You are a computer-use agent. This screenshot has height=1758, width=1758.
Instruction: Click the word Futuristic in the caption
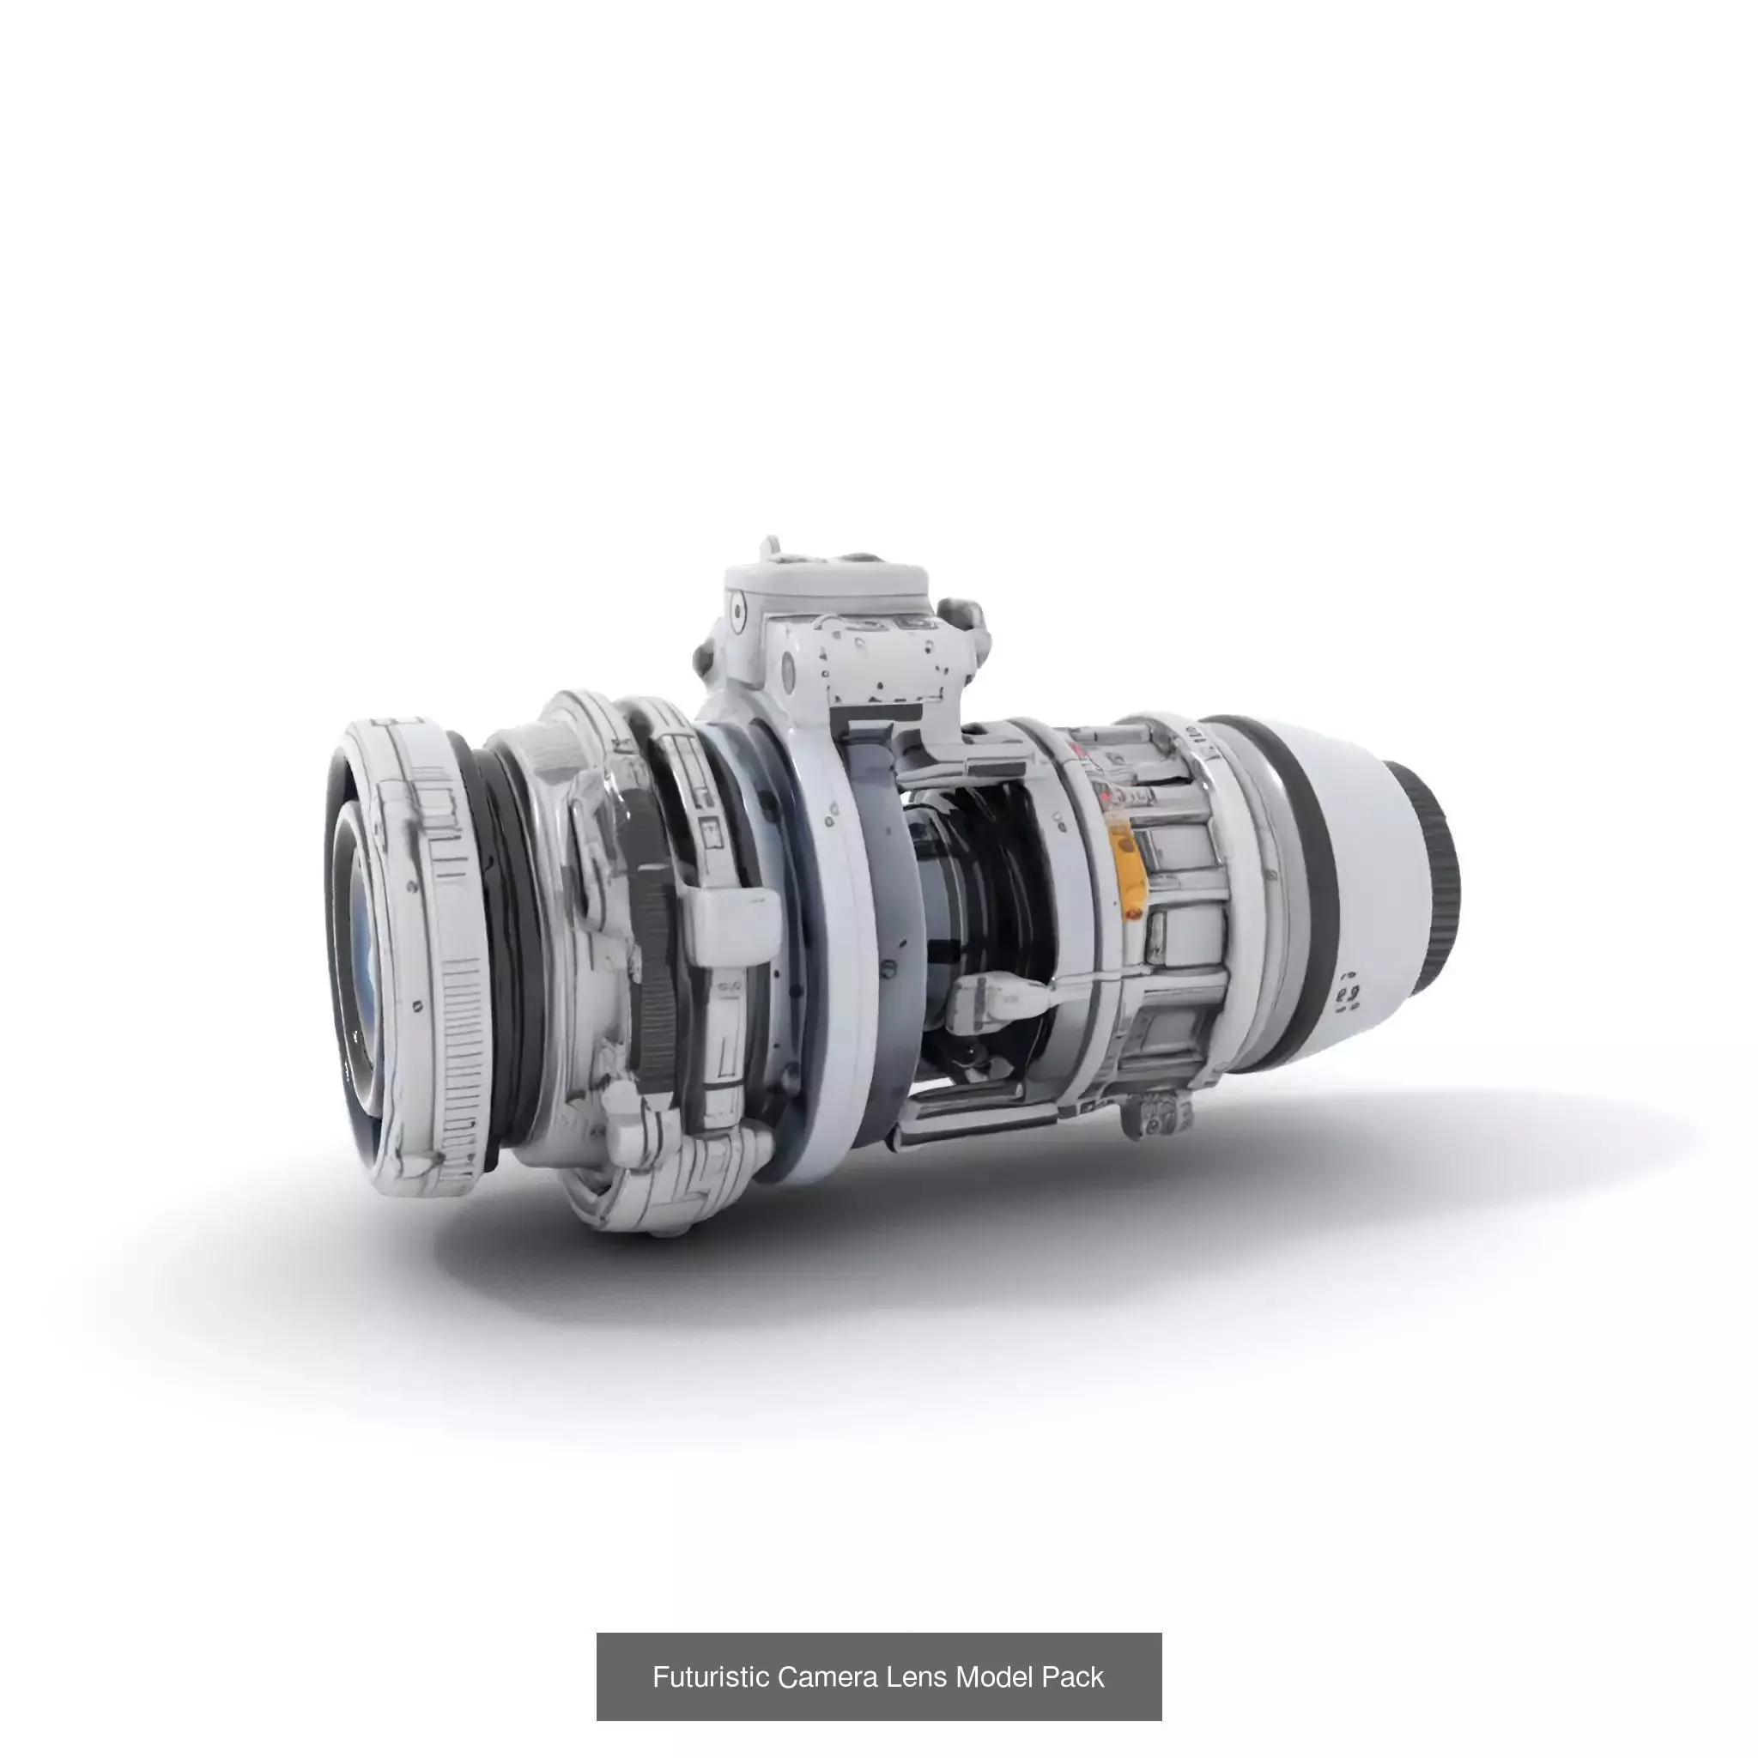[711, 1676]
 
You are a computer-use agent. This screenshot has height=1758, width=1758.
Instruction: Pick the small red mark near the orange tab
[1134, 912]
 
